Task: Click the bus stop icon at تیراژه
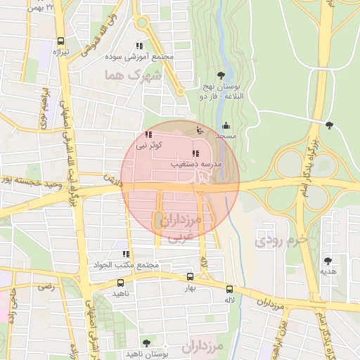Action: [61, 41]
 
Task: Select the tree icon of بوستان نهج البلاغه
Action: [221, 75]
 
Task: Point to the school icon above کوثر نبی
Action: [148, 134]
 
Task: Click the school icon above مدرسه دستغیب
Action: [195, 153]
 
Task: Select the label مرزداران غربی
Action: [181, 229]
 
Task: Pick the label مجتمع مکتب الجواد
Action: [127, 264]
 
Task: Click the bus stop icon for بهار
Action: [190, 278]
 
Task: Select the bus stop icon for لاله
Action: [229, 289]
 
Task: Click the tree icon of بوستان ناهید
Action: [146, 343]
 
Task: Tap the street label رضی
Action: [46, 287]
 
